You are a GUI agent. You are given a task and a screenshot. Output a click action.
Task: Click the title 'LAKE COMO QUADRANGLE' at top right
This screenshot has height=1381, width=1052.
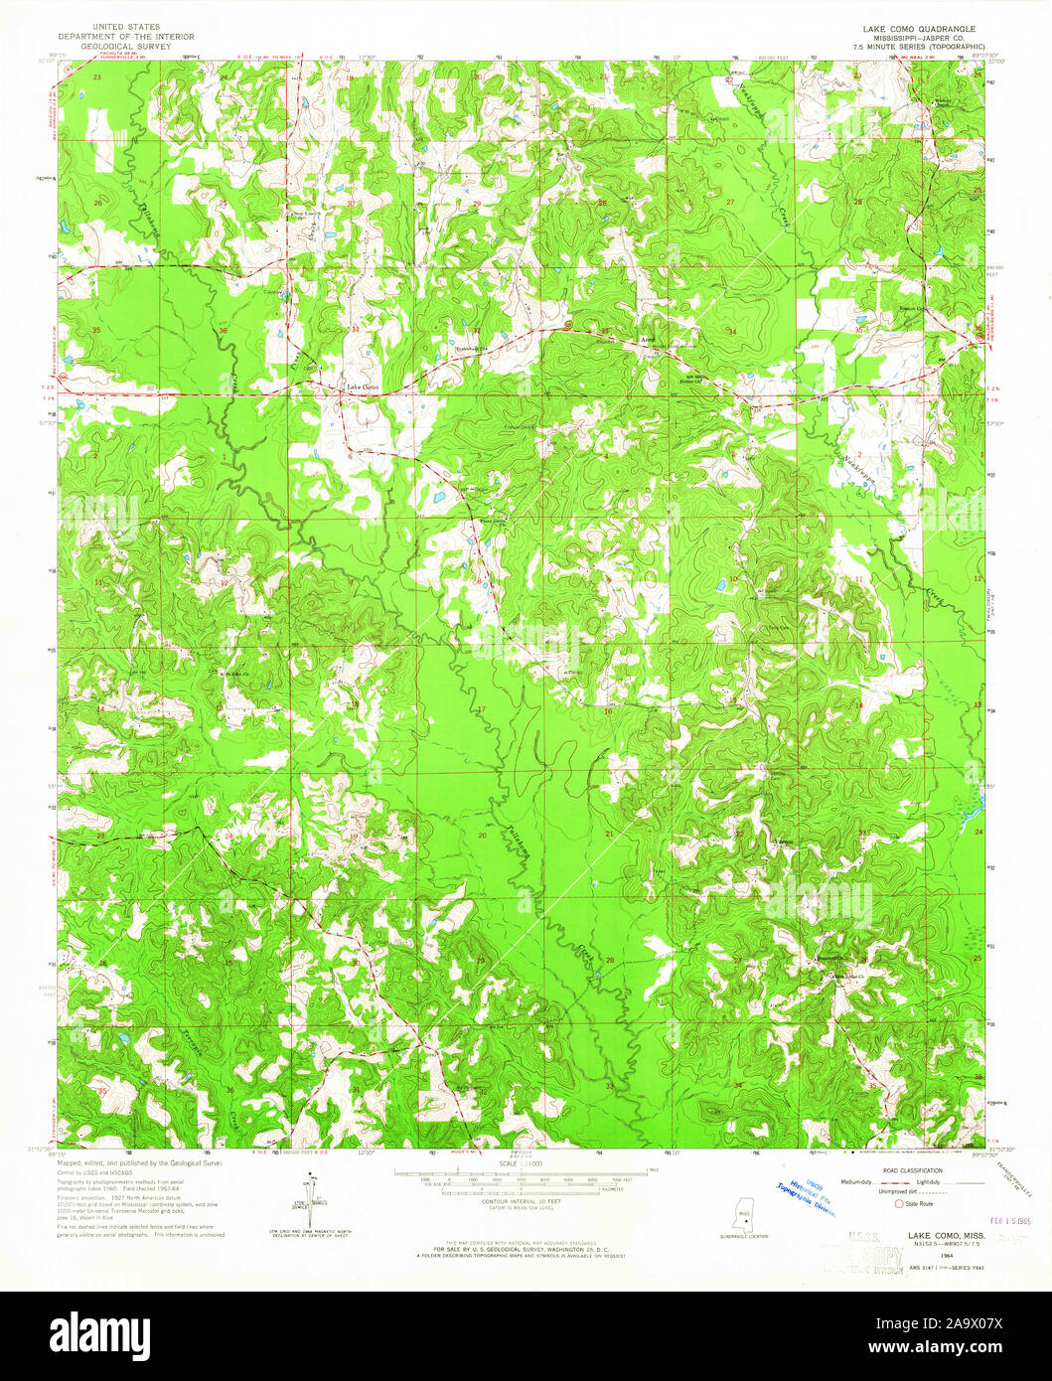point(919,29)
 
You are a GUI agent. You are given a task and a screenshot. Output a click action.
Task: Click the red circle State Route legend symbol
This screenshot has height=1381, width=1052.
point(901,1203)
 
